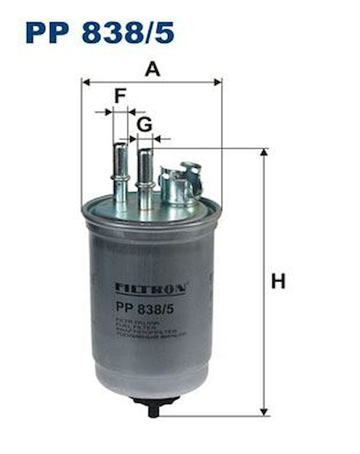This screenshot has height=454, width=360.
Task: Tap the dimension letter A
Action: pos(152,69)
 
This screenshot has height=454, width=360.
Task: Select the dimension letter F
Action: pos(120,96)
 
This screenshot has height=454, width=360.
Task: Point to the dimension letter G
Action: pos(144,125)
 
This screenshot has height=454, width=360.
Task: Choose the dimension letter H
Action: pos(278,281)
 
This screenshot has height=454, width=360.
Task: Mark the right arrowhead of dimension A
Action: pos(218,82)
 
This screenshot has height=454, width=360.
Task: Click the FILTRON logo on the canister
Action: pos(150,288)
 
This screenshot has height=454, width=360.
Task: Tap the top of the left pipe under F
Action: pos(121,145)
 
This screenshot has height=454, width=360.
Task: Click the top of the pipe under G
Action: pos(145,150)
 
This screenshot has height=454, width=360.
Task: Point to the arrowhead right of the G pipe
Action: pos(157,139)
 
